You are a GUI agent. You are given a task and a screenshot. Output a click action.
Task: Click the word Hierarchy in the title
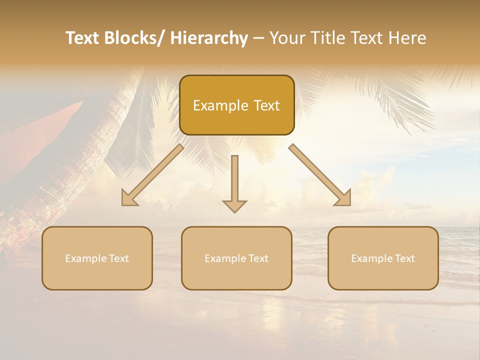(209, 38)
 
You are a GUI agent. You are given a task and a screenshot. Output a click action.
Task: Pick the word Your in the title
(287, 38)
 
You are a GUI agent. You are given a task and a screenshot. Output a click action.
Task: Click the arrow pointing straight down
(234, 182)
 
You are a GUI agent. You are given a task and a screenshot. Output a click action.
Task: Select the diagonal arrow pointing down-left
(152, 175)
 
